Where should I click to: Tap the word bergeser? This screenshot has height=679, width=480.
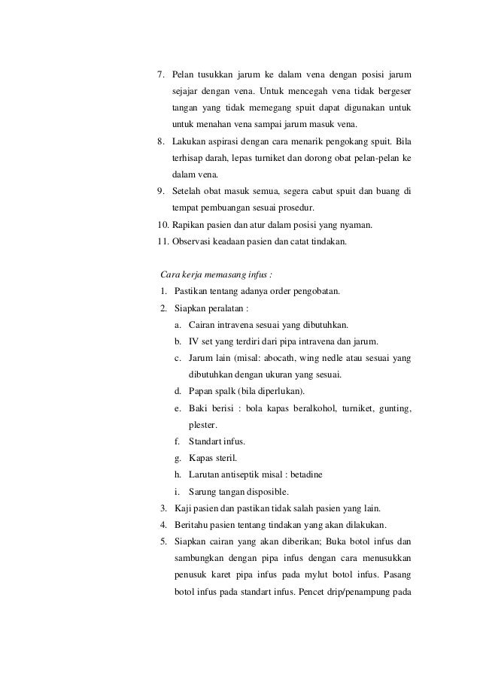pos(393,92)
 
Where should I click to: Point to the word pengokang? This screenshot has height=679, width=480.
pos(342,141)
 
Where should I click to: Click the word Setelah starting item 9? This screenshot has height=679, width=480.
pos(188,191)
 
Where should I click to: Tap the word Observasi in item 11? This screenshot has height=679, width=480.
pos(194,241)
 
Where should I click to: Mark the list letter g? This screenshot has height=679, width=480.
pos(176,457)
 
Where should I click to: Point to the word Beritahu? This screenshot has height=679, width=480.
pos(192,523)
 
